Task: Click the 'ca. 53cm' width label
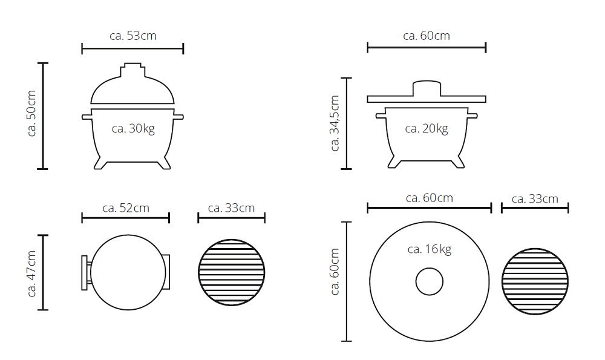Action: (133, 36)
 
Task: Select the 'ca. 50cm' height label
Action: (31, 113)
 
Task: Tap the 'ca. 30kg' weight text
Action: (133, 128)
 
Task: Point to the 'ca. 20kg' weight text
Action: (427, 128)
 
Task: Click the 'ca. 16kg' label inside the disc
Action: (430, 249)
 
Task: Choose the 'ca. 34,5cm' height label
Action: (335, 123)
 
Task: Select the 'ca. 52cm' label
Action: (126, 208)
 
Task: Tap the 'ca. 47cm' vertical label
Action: (31, 273)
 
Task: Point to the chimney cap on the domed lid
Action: (133, 70)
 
